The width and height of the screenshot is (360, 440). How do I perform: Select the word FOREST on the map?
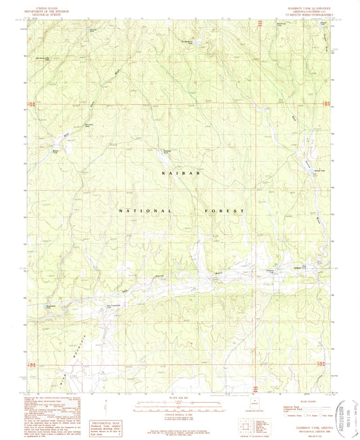click(224, 211)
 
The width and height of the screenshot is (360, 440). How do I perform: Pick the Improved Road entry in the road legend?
click(289, 406)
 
